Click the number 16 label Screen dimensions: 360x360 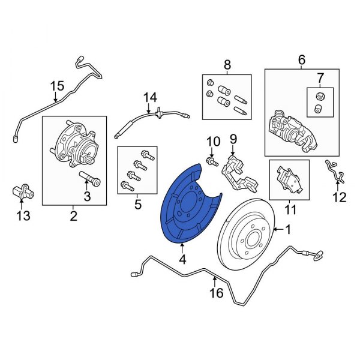pyautogui.click(x=217, y=293)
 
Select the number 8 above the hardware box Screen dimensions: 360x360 pyautogui.click(x=227, y=64)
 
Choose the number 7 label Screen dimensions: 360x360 pyautogui.click(x=320, y=77)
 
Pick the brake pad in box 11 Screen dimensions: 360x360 pyautogui.click(x=289, y=179)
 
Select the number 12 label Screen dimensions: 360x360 pyautogui.click(x=340, y=196)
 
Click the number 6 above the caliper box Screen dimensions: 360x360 pyautogui.click(x=301, y=59)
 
